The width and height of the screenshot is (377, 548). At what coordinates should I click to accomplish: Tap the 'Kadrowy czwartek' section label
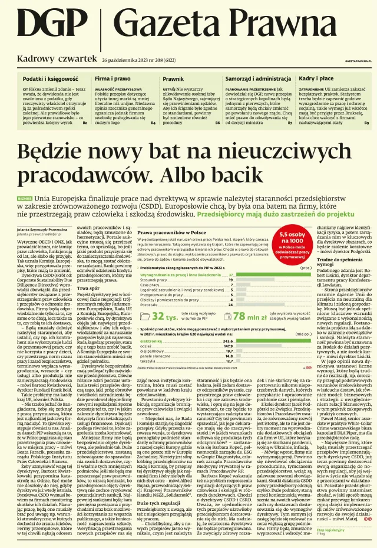coord(57,60)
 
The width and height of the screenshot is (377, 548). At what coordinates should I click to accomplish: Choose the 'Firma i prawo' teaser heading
coord(113,78)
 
